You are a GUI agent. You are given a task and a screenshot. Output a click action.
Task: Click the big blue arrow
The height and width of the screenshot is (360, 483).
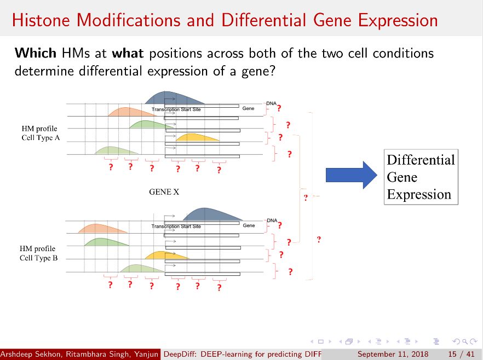[x=351, y=175]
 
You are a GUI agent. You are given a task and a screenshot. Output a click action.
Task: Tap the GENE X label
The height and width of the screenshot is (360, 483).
[x=164, y=192]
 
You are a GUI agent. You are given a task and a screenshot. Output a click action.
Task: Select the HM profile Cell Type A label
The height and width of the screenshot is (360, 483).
[x=41, y=133]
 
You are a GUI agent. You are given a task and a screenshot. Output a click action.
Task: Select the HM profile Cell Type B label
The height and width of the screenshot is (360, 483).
[x=38, y=253]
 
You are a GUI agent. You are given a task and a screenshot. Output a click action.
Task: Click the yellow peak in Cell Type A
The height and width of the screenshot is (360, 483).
[x=197, y=137]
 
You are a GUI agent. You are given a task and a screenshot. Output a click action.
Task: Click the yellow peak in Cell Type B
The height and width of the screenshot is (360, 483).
[x=167, y=256]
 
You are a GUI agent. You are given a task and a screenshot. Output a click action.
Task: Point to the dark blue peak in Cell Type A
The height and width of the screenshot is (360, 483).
[x=174, y=98]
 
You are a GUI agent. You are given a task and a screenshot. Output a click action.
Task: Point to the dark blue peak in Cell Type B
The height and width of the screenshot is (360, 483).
[x=212, y=214]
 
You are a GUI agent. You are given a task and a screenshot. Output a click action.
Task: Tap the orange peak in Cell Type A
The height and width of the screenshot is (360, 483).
[x=132, y=112]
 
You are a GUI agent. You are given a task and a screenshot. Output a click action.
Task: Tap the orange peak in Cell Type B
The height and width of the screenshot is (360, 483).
[x=102, y=228]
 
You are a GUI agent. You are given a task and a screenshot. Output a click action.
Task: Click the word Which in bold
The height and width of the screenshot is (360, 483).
[x=36, y=53]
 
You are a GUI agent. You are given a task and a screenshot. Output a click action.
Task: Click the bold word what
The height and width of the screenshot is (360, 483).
[x=128, y=53]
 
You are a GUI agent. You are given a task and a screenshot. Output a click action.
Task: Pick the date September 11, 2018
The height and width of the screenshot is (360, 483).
[x=393, y=354]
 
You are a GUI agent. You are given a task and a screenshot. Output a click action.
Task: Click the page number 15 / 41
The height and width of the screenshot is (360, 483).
[x=461, y=354]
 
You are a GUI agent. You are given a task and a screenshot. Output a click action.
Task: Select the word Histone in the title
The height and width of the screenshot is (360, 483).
[x=41, y=20]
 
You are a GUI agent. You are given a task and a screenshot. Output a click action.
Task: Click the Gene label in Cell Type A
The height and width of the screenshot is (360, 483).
[x=248, y=108]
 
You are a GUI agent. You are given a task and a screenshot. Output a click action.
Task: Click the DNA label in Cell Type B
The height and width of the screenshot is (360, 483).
[x=272, y=220]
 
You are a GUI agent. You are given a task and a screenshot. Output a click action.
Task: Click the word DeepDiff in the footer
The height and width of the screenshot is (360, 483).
[x=179, y=354]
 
